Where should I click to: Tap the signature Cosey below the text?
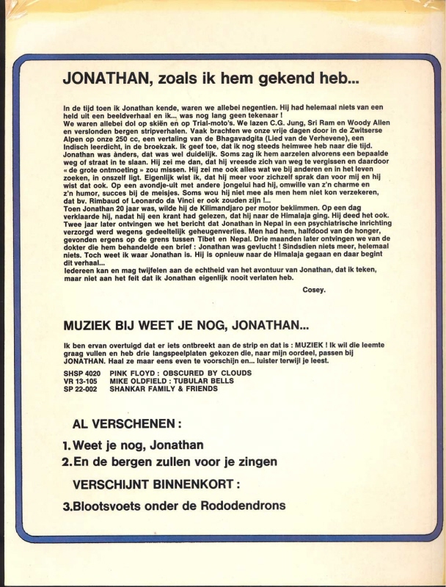coord(313,290)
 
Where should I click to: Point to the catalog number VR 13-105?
coord(80,381)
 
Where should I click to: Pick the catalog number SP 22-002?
coord(80,389)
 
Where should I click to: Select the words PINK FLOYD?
coord(132,373)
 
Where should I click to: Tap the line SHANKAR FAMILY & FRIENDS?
coord(164,389)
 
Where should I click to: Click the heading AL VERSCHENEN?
coord(127,423)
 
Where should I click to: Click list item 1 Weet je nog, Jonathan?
coord(133,445)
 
